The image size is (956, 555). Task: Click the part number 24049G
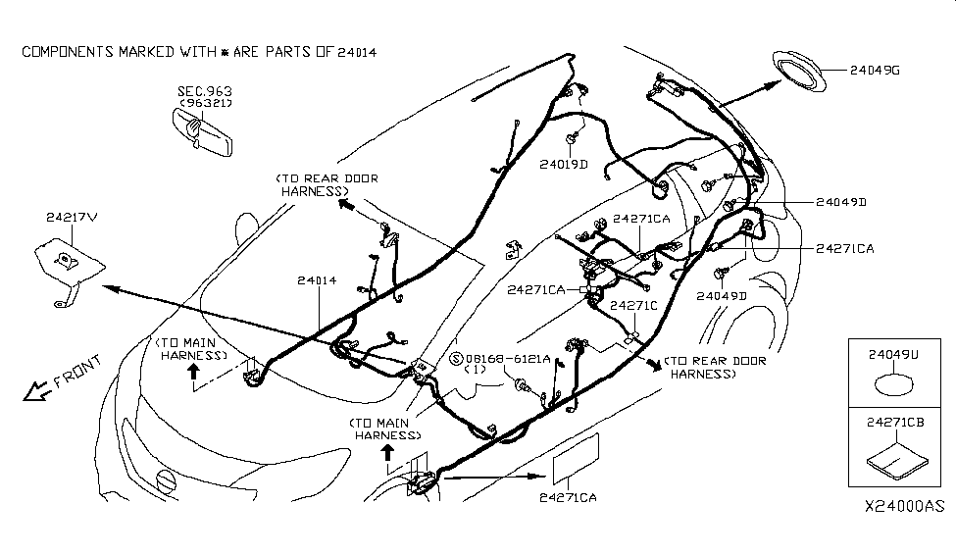coord(877,70)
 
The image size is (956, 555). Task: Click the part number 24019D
coord(563,164)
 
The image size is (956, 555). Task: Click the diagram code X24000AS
coord(904,507)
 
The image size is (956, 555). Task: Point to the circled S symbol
coord(455,360)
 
